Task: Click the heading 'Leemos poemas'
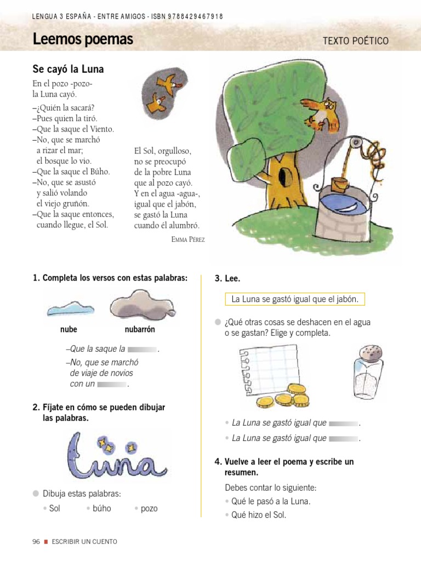[82, 40]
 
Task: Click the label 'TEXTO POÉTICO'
[356, 41]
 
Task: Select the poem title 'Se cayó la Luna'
[68, 70]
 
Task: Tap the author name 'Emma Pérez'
[188, 239]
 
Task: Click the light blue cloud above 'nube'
[69, 308]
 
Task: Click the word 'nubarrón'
[140, 330]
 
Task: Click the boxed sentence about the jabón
[295, 299]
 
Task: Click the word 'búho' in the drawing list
[101, 508]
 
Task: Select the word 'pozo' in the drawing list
[149, 508]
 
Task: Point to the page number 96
[36, 542]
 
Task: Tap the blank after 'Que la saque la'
[143, 349]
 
